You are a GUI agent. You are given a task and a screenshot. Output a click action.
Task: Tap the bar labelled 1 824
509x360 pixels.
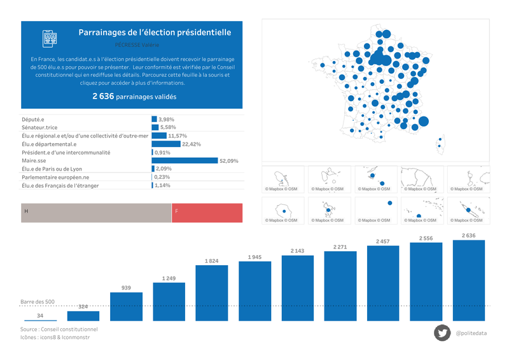coord(212,293)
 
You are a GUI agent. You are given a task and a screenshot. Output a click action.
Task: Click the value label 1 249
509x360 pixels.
coord(169,278)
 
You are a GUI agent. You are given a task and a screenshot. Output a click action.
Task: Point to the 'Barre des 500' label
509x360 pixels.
coord(38,301)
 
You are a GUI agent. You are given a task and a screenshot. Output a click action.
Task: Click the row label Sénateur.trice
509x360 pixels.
coord(39,128)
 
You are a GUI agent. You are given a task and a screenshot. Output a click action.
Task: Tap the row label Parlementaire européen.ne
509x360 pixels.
coord(55,177)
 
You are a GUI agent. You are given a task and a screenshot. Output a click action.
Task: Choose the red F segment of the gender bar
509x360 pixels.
coord(207,213)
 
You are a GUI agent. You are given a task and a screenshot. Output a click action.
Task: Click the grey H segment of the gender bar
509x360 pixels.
coord(96,213)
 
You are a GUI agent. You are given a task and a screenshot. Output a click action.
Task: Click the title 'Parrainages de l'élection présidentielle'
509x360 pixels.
coord(155,32)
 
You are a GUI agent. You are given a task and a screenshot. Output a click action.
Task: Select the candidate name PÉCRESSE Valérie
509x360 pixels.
coord(137,45)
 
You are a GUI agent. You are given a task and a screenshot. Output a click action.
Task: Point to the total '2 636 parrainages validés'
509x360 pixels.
coord(134,97)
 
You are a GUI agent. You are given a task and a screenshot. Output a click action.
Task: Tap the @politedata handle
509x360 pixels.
coord(471,333)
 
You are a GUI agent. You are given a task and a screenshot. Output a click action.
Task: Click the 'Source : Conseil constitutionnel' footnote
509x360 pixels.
coord(59,329)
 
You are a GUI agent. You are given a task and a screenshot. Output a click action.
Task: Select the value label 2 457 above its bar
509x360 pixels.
coord(384,242)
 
